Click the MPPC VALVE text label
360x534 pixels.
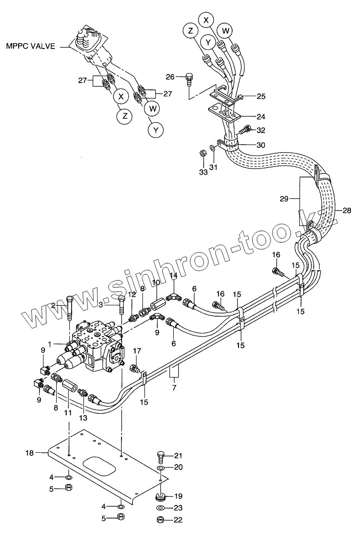pyautogui.click(x=30, y=46)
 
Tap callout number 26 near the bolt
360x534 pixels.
pyautogui.click(x=170, y=77)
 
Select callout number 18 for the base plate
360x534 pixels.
pyautogui.click(x=29, y=452)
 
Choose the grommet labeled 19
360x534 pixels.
pyautogui.click(x=161, y=495)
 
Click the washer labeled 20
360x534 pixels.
pyautogui.click(x=161, y=468)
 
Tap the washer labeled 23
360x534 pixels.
pyautogui.click(x=161, y=508)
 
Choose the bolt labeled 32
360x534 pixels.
pyautogui.click(x=245, y=130)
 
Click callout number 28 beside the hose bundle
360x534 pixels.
pyautogui.click(x=346, y=210)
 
